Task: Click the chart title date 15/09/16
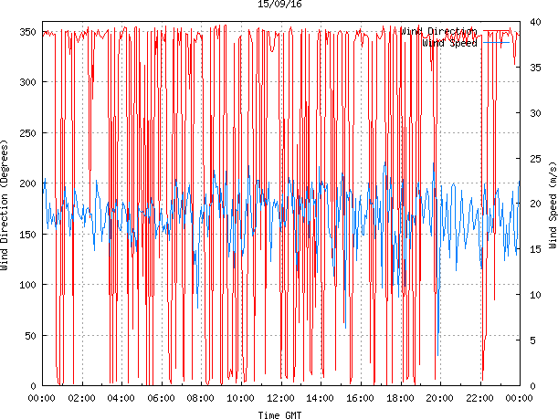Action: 279,5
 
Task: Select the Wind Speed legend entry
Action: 447,42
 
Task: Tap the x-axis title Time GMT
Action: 279,414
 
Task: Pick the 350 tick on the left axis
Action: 26,32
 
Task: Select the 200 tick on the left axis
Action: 26,183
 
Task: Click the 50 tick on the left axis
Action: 29,335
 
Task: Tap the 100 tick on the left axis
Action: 26,285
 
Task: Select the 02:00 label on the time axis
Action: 81,398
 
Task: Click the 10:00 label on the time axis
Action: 241,398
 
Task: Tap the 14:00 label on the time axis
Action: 321,398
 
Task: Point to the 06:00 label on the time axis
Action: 161,398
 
